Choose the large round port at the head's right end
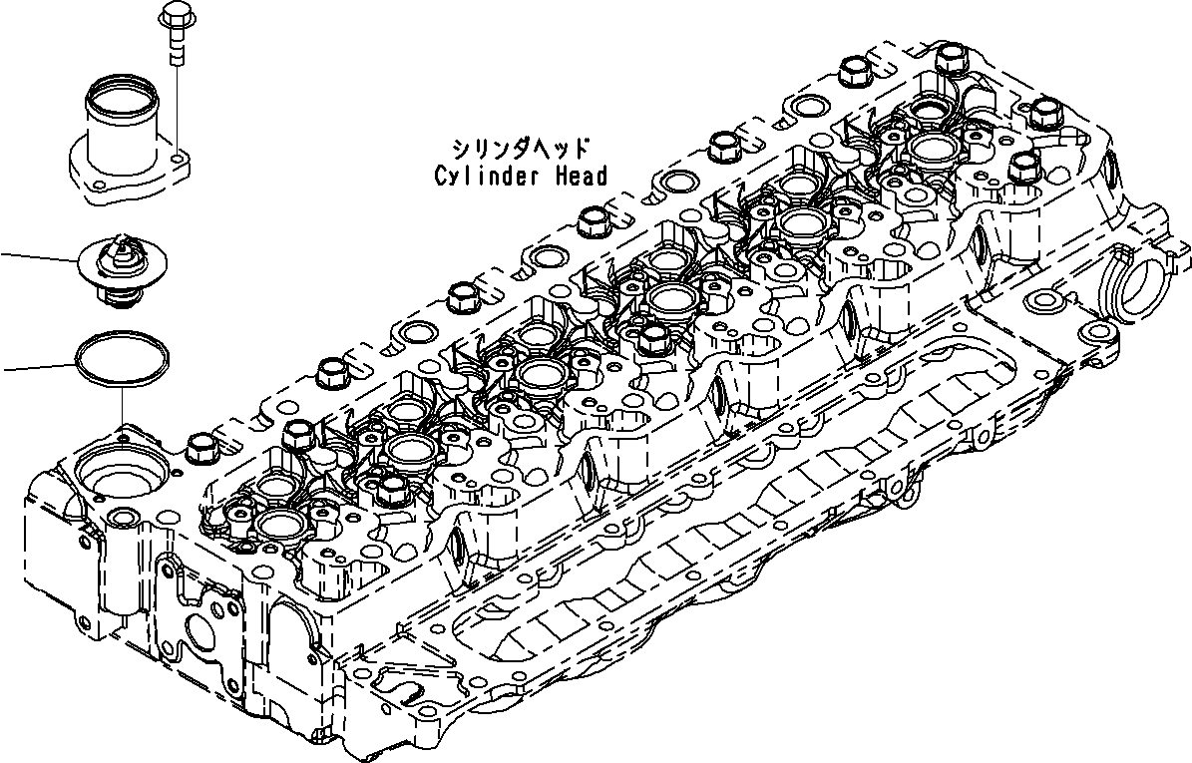coord(1140,286)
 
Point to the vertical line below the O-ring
coord(122,407)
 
